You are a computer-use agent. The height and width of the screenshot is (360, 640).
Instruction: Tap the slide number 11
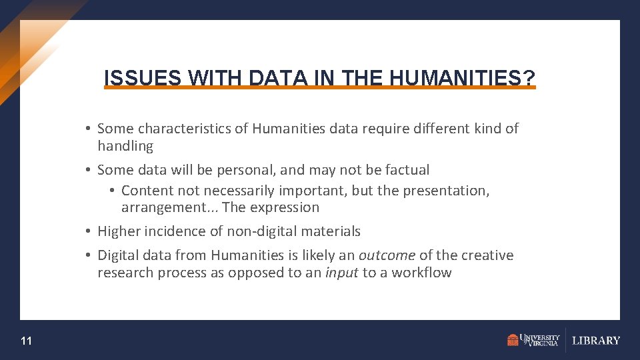click(26, 341)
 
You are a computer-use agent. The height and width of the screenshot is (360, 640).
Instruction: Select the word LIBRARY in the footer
click(596, 341)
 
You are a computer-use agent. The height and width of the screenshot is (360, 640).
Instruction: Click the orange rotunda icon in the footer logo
click(513, 341)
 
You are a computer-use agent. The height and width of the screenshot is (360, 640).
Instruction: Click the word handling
click(125, 146)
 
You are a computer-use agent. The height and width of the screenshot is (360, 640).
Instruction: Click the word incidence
click(173, 231)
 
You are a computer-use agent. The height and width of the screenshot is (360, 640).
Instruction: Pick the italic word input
click(341, 273)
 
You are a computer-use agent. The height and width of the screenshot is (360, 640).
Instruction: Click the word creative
click(487, 255)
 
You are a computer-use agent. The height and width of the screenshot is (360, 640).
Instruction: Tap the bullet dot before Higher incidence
click(88, 231)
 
